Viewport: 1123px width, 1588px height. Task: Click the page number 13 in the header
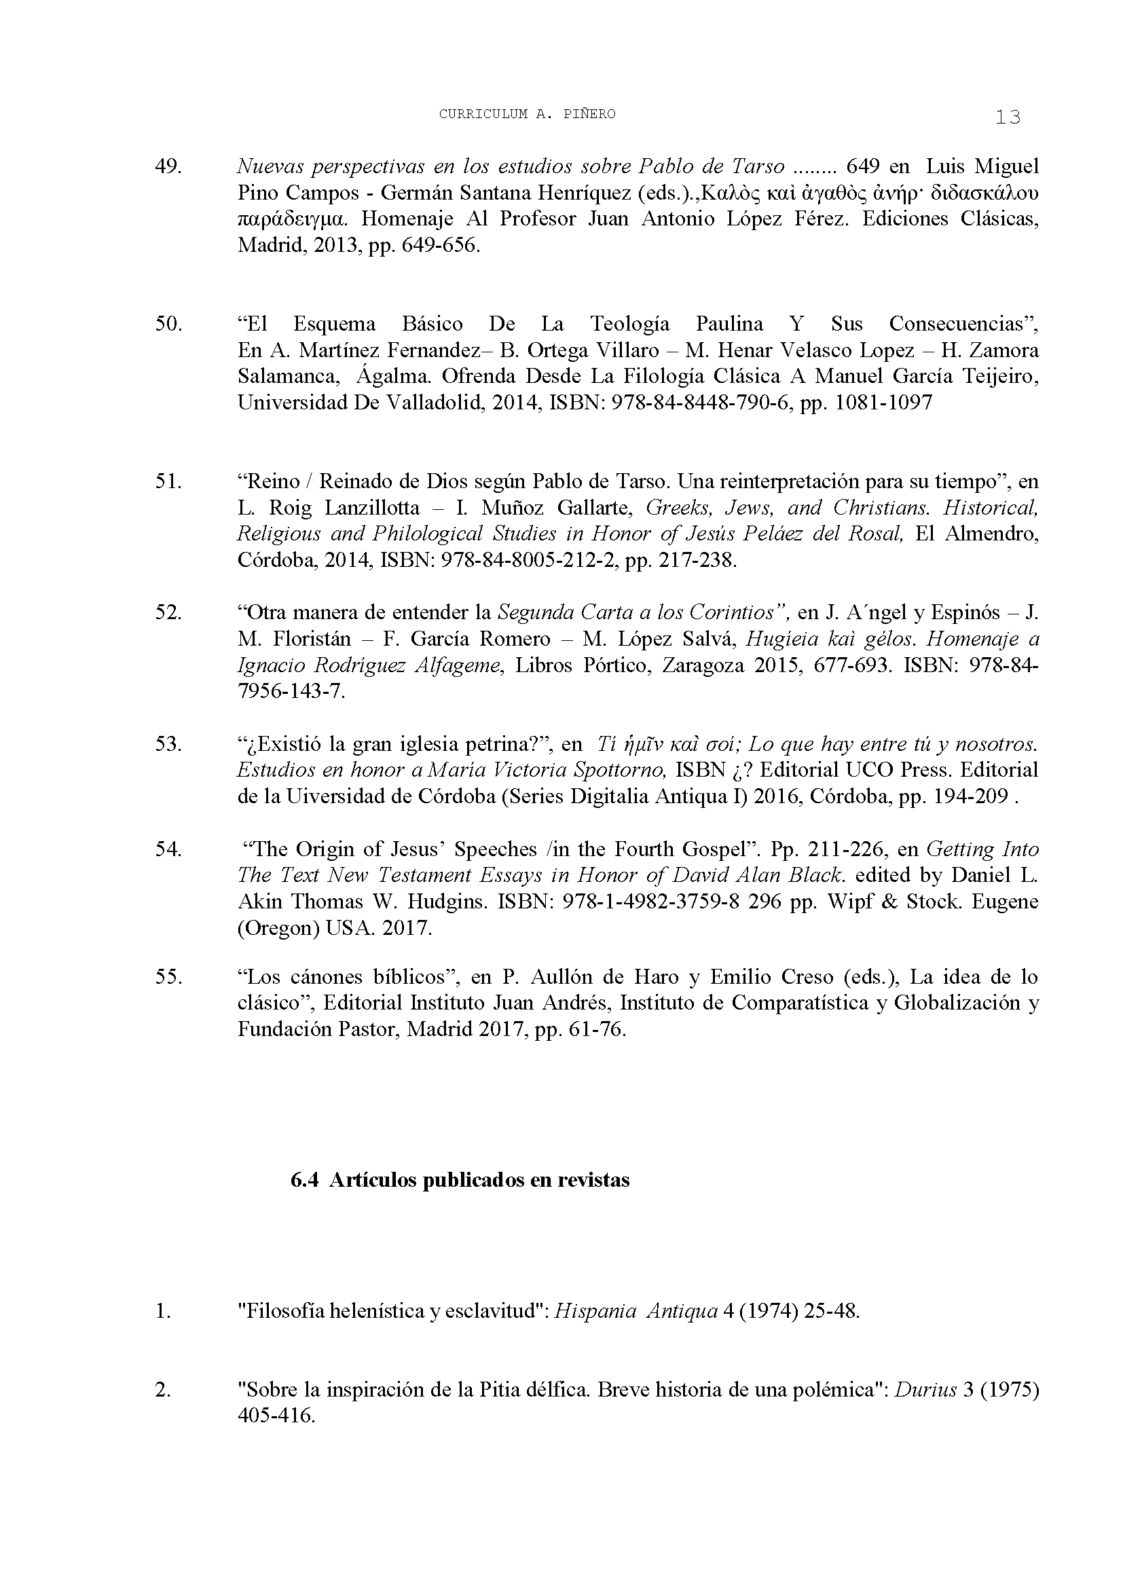(x=1008, y=117)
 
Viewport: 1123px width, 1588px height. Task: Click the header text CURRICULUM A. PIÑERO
(x=527, y=115)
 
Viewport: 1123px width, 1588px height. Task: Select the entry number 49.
(x=168, y=167)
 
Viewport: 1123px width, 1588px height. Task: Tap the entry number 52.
(x=168, y=613)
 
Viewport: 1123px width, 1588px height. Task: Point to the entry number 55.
(x=168, y=977)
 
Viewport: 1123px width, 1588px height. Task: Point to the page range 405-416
(x=276, y=1435)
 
